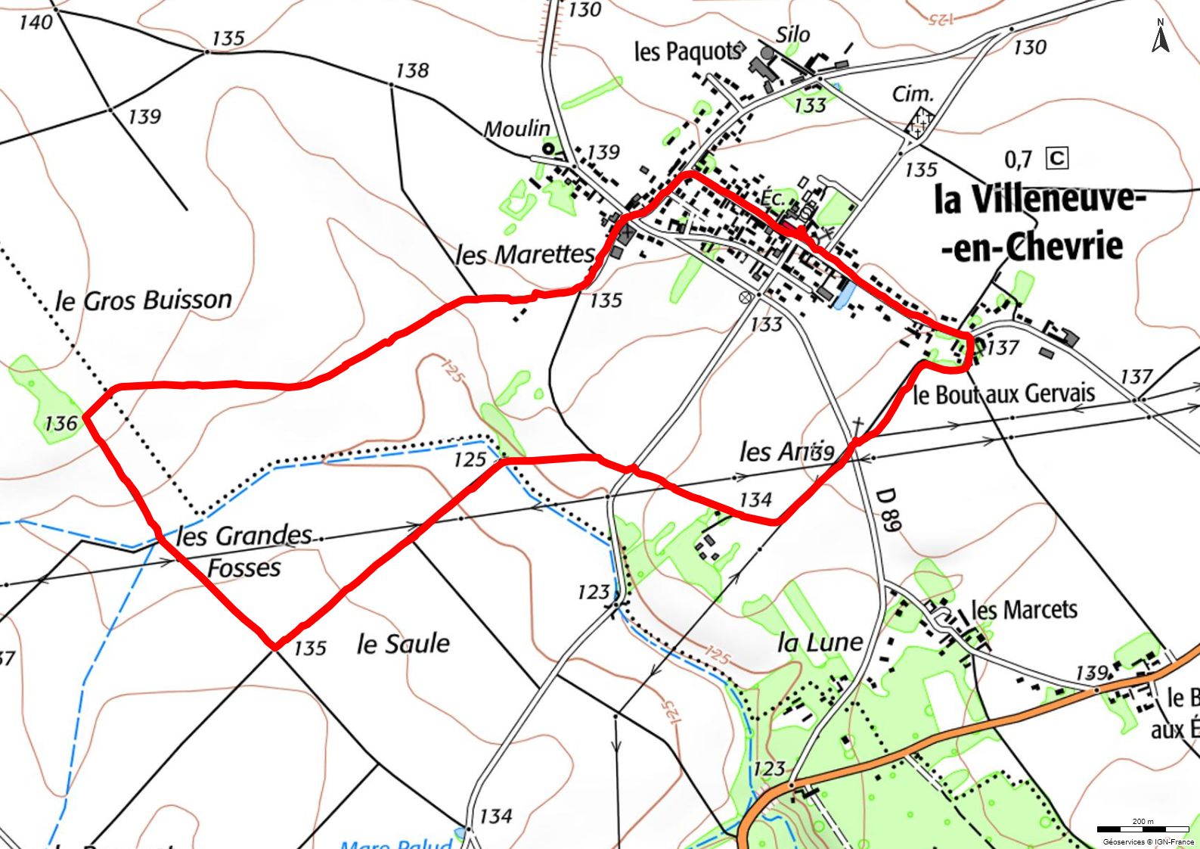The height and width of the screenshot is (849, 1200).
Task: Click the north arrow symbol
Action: pyautogui.click(x=1160, y=36)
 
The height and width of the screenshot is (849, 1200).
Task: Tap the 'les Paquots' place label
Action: pyautogui.click(x=687, y=51)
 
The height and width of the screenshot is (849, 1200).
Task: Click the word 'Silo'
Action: pyautogui.click(x=792, y=34)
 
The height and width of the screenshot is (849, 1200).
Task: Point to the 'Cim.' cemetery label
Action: pyautogui.click(x=913, y=94)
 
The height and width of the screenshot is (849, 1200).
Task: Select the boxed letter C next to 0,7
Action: pyautogui.click(x=1056, y=158)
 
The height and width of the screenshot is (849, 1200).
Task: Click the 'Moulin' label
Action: pyautogui.click(x=516, y=129)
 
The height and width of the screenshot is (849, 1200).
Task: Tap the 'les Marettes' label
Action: pyautogui.click(x=525, y=254)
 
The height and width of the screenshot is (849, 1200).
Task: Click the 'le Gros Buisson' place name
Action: pyautogui.click(x=144, y=300)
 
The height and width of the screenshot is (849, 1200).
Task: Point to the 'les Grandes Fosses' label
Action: pyautogui.click(x=243, y=551)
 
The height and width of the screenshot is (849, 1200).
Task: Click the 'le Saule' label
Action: pyautogui.click(x=403, y=644)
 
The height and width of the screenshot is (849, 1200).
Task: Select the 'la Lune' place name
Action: pyautogui.click(x=820, y=642)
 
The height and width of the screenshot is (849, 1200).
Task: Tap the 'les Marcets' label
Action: pyautogui.click(x=1023, y=609)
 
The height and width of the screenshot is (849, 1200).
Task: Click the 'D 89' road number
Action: pyautogui.click(x=888, y=510)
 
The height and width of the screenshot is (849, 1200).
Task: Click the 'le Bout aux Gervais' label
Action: pyautogui.click(x=1003, y=393)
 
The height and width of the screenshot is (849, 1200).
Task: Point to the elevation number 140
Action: pyautogui.click(x=35, y=22)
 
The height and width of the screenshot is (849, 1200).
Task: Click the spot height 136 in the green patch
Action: pyautogui.click(x=60, y=422)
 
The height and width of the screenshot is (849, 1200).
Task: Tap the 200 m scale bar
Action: pyautogui.click(x=1143, y=829)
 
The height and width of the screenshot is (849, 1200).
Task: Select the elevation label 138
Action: pyautogui.click(x=412, y=70)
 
